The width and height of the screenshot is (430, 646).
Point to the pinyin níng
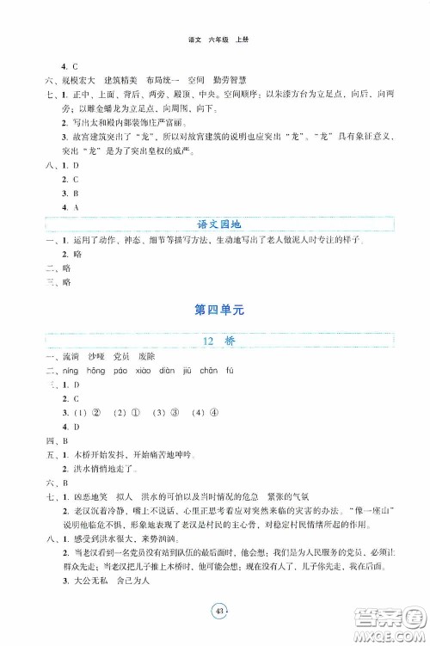(x=71, y=371)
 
